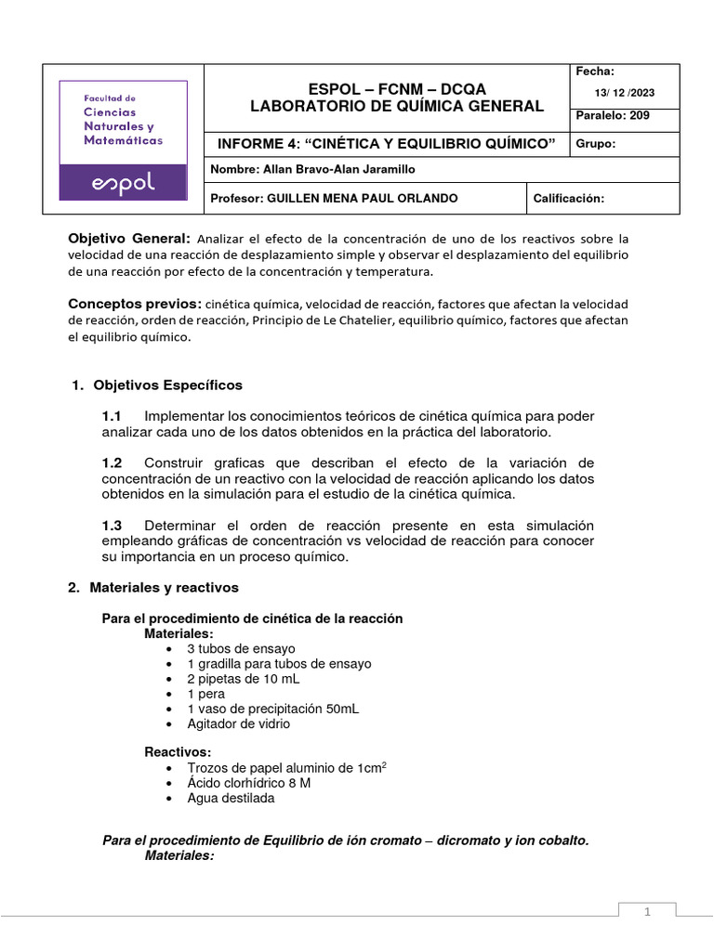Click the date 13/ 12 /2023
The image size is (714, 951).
point(625,92)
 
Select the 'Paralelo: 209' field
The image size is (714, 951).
point(614,116)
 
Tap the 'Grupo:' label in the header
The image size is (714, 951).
point(596,144)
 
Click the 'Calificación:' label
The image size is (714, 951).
point(567,199)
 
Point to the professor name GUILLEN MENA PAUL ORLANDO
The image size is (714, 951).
point(362,199)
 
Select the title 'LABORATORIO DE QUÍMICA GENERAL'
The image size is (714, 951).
point(397,106)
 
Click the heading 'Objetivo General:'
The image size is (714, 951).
point(130,238)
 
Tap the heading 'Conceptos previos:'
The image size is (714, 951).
point(135,304)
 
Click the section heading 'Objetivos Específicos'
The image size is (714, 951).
point(165,384)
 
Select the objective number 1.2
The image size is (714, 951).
point(112,462)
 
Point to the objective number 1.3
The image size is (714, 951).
point(112,526)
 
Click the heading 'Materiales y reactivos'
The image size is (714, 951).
point(164,588)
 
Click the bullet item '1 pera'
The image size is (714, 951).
point(205,694)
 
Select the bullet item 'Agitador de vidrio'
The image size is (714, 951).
point(238,723)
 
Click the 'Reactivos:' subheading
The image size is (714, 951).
point(177,751)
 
